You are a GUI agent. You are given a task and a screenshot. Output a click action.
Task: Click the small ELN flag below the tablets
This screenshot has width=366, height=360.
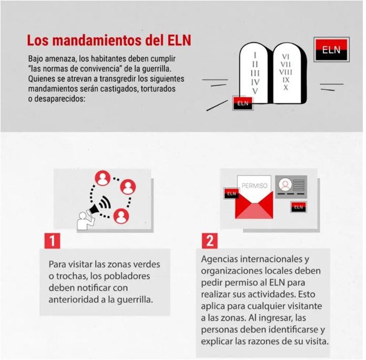[x=242, y=103]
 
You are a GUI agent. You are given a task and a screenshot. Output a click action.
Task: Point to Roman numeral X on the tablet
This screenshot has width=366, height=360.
[x=286, y=87]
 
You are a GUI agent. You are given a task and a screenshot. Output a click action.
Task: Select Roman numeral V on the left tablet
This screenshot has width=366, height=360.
[x=255, y=90]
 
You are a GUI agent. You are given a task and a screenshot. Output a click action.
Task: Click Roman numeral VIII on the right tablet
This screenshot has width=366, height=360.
[x=286, y=72]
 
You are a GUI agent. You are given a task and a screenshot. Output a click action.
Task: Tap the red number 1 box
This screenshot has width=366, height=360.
[x=52, y=240]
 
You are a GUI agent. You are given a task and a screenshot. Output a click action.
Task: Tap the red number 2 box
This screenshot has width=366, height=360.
[x=209, y=240]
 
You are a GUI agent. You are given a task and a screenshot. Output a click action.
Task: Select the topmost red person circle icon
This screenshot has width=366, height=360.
[x=104, y=178]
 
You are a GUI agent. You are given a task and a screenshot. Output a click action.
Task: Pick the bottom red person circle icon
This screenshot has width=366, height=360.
[x=120, y=216]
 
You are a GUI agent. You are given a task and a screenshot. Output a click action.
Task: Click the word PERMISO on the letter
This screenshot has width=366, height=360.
[x=254, y=186]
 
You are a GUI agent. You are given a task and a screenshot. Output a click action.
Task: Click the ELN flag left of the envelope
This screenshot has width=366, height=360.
[x=231, y=193]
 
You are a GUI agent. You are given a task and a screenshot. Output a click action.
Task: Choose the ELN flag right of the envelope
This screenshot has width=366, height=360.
[x=298, y=207]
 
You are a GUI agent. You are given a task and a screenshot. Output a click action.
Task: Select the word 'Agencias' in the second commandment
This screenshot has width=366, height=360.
[x=220, y=259]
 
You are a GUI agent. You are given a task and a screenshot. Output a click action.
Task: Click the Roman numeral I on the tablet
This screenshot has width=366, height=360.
[x=255, y=54]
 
